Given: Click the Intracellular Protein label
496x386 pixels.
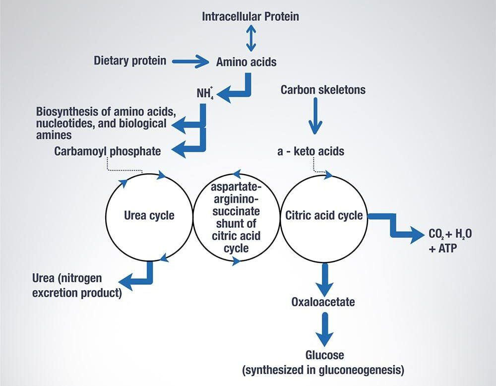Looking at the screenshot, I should [250, 16].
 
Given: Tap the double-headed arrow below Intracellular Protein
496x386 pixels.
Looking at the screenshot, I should [250, 39].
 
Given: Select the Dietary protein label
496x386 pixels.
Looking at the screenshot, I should [130, 61].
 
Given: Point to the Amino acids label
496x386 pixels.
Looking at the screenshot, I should [247, 62].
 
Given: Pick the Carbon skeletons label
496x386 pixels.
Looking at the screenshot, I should [323, 90].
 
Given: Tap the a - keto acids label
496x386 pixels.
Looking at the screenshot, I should [310, 151].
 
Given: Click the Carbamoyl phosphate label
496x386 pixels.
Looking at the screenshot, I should [108, 151].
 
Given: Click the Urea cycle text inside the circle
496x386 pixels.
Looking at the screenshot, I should [149, 215].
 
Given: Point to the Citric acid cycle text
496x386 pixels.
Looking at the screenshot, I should [324, 216].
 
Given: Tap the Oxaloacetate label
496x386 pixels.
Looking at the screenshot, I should [323, 301].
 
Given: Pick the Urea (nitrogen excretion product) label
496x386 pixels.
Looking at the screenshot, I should [77, 285].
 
